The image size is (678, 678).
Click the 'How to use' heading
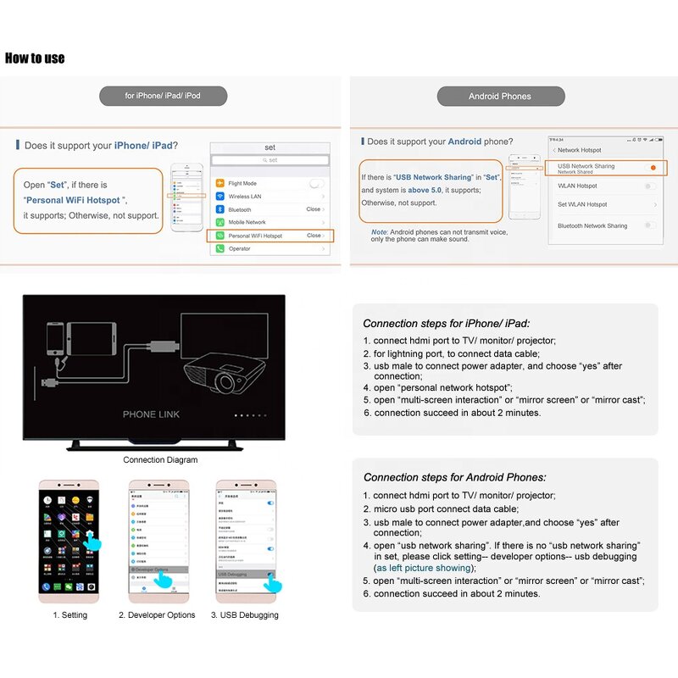(x=35, y=58)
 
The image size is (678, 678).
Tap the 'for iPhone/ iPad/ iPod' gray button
(x=163, y=96)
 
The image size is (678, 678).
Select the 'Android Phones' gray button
(x=499, y=96)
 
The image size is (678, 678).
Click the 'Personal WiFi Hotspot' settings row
(x=270, y=236)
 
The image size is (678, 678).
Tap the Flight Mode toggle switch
(x=316, y=183)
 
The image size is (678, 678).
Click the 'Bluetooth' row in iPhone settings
(x=270, y=209)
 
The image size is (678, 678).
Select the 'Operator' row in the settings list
(x=270, y=248)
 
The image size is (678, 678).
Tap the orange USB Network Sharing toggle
(x=652, y=168)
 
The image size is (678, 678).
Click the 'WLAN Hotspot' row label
(x=577, y=186)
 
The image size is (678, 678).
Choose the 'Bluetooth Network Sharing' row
(x=592, y=226)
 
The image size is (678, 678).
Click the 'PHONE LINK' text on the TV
(x=151, y=414)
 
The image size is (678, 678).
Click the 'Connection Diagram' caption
(x=160, y=460)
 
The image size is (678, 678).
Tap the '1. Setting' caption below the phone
(x=69, y=615)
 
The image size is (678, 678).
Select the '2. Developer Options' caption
(x=157, y=615)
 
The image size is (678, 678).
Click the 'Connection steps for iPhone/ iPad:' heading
(x=446, y=323)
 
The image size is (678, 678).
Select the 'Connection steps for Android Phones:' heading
(x=455, y=477)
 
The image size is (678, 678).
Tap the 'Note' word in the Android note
(x=379, y=231)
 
